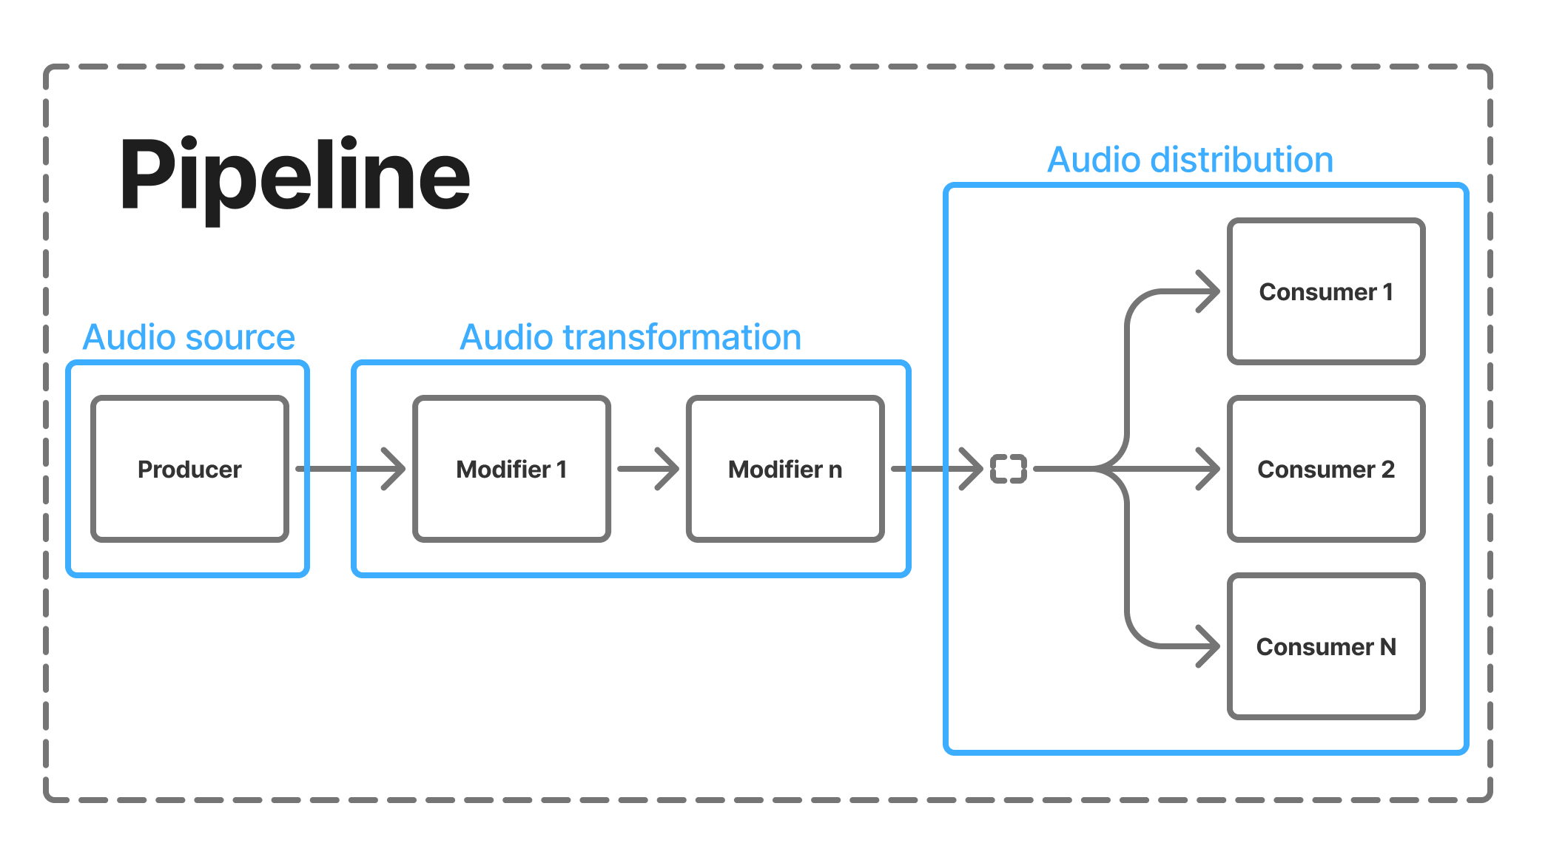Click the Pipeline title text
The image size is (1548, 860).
pos(295,176)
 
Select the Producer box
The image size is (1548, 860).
pos(189,469)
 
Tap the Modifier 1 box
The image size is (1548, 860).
pos(511,469)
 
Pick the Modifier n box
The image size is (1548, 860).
pos(785,469)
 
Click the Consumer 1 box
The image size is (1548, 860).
pos(1325,291)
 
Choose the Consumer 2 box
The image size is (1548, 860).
pos(1325,469)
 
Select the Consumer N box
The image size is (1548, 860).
pos(1325,646)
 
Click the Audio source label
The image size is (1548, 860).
pos(189,337)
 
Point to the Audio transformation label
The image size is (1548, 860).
pos(630,337)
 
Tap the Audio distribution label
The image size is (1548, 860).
pos(1190,160)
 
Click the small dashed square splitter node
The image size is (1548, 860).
pos(1009,469)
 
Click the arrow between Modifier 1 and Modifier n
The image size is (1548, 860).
pos(648,469)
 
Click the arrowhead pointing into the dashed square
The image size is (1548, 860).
pos(972,469)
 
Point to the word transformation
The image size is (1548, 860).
pos(682,337)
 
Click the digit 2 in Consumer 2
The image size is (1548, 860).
pos(1387,469)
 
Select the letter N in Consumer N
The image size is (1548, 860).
pos(1387,646)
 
